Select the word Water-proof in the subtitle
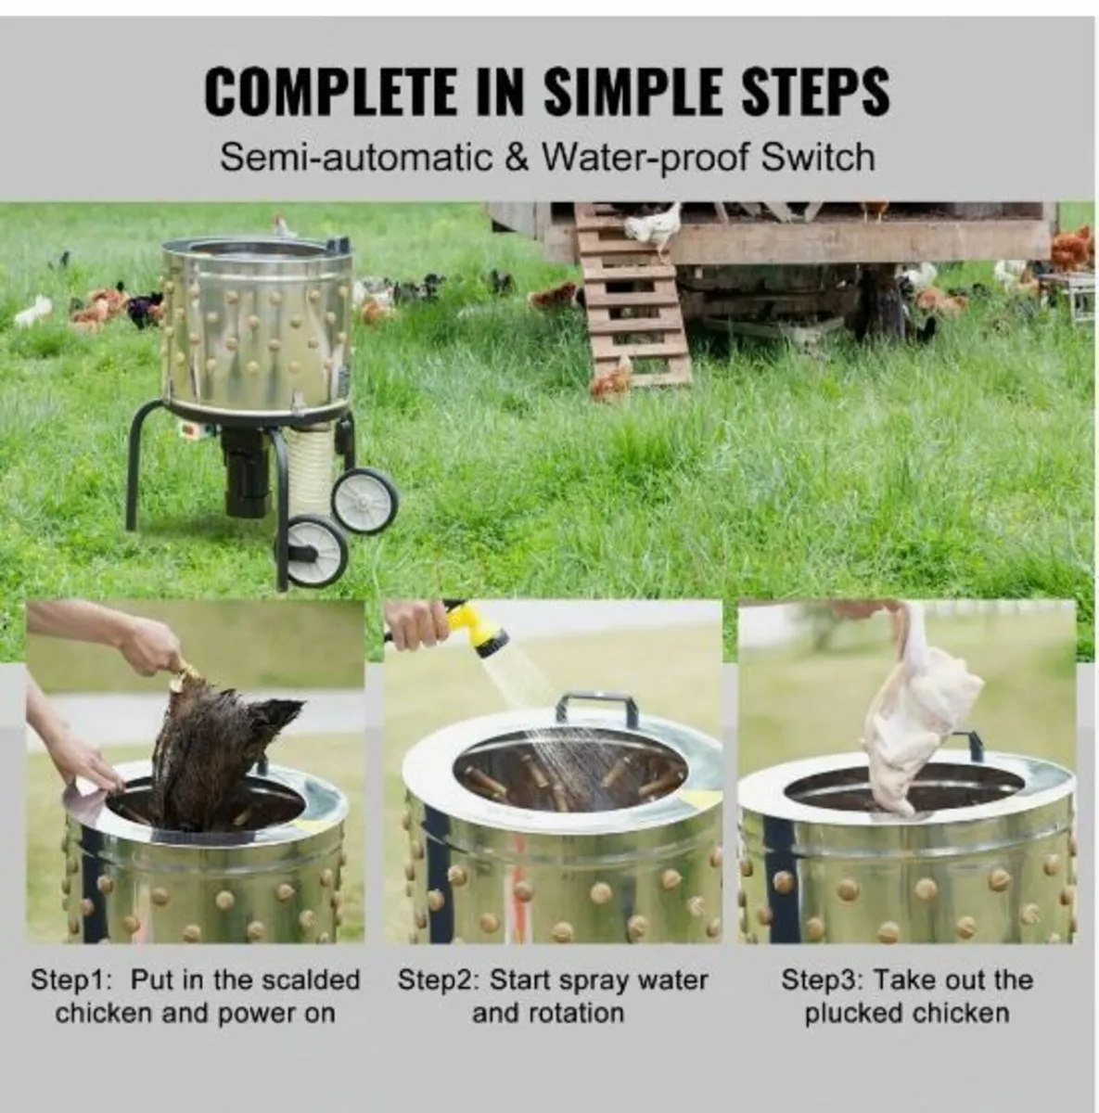pyautogui.click(x=645, y=157)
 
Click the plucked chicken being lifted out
pyautogui.click(x=919, y=716)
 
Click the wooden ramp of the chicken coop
pyautogui.click(x=632, y=297)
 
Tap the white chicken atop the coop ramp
pyautogui.click(x=652, y=224)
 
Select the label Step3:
pyautogui.click(x=823, y=980)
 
